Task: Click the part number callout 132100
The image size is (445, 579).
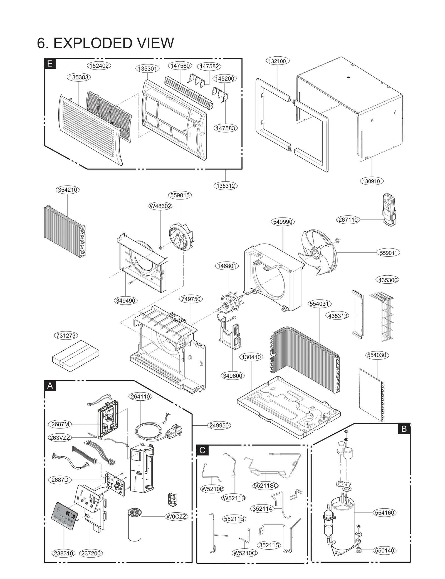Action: coord(277,61)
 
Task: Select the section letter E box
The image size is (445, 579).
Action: coord(50,64)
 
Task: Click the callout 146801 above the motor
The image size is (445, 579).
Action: coord(227,266)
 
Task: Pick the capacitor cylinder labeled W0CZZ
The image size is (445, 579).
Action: coord(135,525)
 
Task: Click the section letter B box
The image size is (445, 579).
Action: coord(404,429)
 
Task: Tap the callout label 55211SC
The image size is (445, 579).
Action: coord(266,486)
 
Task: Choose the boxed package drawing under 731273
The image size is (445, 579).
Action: coord(76,356)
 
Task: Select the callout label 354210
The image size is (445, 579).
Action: coord(68,190)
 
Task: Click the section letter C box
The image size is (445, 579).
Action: coord(202,450)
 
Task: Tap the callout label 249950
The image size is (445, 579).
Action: coord(219,425)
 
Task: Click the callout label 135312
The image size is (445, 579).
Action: coord(226,186)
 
